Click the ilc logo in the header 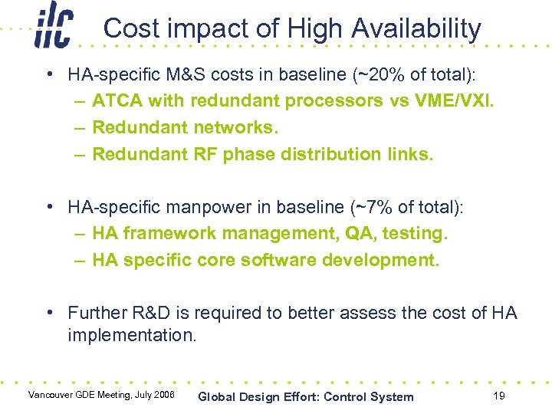pyautogui.click(x=53, y=27)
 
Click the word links pyautogui.click(x=409, y=154)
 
